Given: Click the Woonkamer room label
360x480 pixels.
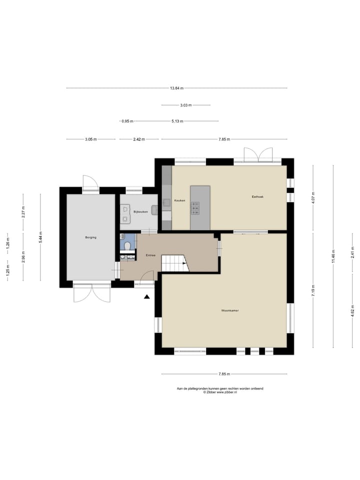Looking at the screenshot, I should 230,310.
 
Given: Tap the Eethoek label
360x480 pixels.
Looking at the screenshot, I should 257,196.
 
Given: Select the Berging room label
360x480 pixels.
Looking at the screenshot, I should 90,237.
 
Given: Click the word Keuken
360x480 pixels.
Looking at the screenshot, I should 179,200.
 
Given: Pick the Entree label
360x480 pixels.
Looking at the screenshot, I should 150,255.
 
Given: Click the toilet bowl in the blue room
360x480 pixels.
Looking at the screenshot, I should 128,245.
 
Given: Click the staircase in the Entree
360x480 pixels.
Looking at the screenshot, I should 175,263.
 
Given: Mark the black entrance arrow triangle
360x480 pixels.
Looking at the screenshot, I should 147,297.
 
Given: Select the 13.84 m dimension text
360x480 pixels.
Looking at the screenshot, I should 176,88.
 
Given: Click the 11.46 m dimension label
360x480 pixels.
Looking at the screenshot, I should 333,256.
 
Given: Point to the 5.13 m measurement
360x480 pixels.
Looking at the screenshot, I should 177,121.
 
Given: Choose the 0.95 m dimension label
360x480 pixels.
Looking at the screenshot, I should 127,121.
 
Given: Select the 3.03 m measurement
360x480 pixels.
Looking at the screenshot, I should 185,105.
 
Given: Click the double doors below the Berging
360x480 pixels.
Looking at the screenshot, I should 91,293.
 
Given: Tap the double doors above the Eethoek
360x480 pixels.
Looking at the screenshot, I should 258,154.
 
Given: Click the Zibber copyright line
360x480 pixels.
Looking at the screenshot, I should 220,392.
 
